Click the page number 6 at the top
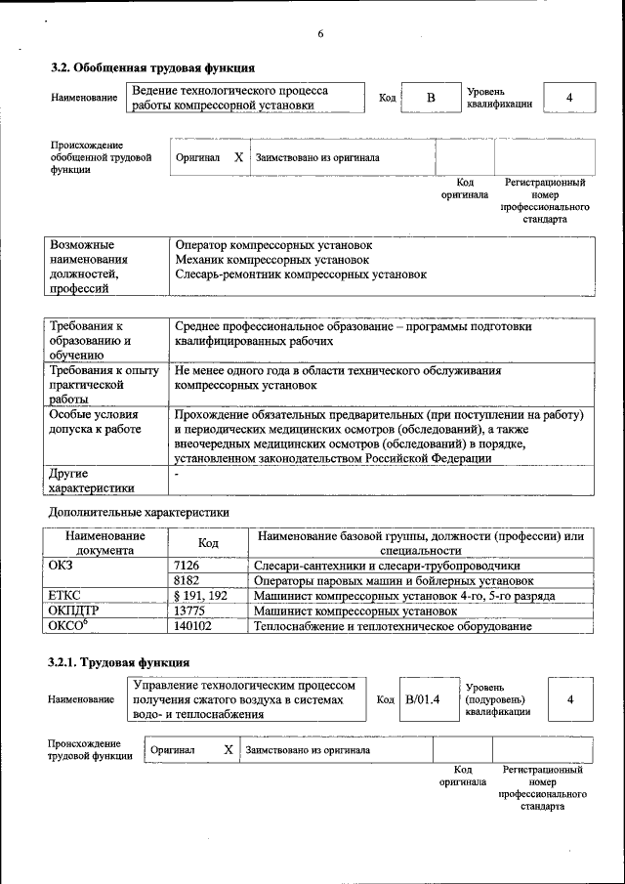pyautogui.click(x=319, y=35)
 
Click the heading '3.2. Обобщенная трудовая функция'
pyautogui.click(x=152, y=68)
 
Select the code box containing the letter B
pyautogui.click(x=430, y=99)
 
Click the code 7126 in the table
pyautogui.click(x=186, y=565)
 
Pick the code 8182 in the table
pyautogui.click(x=186, y=579)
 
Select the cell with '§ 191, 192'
pyautogui.click(x=200, y=595)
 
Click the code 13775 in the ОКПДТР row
pyautogui.click(x=188, y=610)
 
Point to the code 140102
pyautogui.click(x=192, y=626)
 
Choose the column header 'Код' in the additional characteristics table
pyautogui.click(x=208, y=543)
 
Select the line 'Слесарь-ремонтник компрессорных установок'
pyautogui.click(x=301, y=275)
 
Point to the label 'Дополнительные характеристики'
pyautogui.click(x=139, y=511)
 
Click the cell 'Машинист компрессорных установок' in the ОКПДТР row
pyautogui.click(x=355, y=610)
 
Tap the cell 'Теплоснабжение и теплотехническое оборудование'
pyautogui.click(x=393, y=626)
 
